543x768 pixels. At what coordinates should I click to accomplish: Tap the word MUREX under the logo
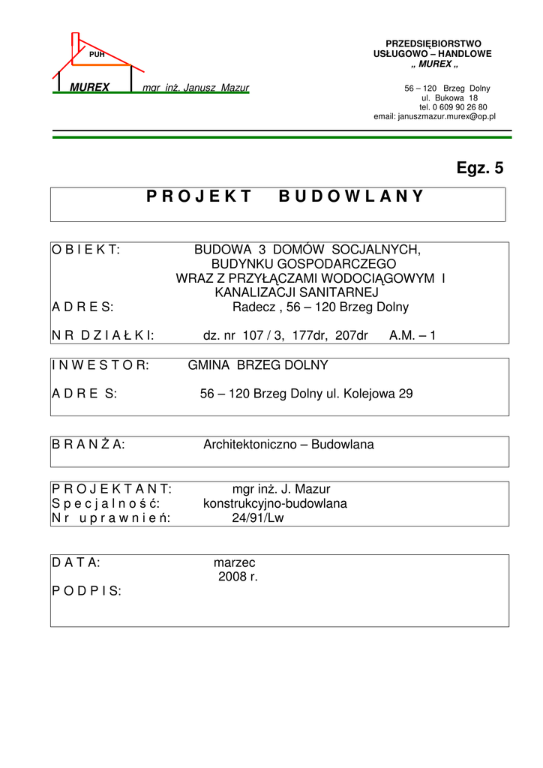pyautogui.click(x=89, y=88)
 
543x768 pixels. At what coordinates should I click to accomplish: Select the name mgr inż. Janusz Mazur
pyautogui.click(x=196, y=88)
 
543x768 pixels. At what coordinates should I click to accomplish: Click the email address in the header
pyautogui.click(x=434, y=117)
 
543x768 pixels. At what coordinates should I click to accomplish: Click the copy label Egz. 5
pyautogui.click(x=480, y=169)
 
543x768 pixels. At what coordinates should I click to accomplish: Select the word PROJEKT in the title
pyautogui.click(x=189, y=197)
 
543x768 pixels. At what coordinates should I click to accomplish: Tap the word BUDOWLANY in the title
pyautogui.click(x=351, y=197)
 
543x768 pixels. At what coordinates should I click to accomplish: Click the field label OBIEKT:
pyautogui.click(x=86, y=249)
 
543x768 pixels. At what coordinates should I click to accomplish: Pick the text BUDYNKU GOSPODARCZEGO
pyautogui.click(x=303, y=264)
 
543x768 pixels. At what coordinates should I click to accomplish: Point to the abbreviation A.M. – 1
pyautogui.click(x=412, y=336)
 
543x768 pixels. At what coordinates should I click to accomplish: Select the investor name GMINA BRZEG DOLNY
pyautogui.click(x=258, y=365)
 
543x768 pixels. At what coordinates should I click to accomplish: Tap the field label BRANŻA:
pyautogui.click(x=88, y=445)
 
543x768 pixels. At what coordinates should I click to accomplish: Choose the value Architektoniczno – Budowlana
pyautogui.click(x=289, y=445)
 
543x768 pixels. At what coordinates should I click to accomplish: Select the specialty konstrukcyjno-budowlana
pyautogui.click(x=275, y=504)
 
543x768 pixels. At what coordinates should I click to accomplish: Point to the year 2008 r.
pyautogui.click(x=238, y=577)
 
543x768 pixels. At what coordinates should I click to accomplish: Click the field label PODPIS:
pyautogui.click(x=86, y=591)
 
